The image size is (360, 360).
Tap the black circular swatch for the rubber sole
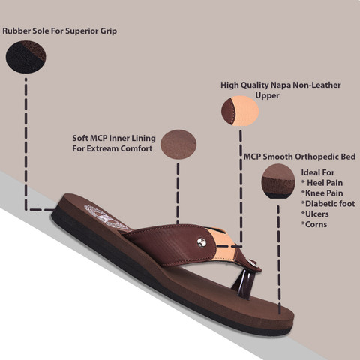point(26,57)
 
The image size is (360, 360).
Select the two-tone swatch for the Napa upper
point(240,110)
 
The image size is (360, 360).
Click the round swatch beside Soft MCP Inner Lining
point(178,145)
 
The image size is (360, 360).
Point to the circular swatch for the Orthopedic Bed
point(278,181)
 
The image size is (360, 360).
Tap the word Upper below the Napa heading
point(267,95)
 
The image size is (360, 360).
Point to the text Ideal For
point(318,172)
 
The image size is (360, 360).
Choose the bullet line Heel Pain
point(322,183)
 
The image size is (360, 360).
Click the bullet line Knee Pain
point(322,193)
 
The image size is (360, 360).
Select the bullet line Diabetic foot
point(328,204)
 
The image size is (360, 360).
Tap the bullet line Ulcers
point(315,214)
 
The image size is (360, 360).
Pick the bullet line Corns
point(314,224)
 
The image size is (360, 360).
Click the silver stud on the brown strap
point(202,242)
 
